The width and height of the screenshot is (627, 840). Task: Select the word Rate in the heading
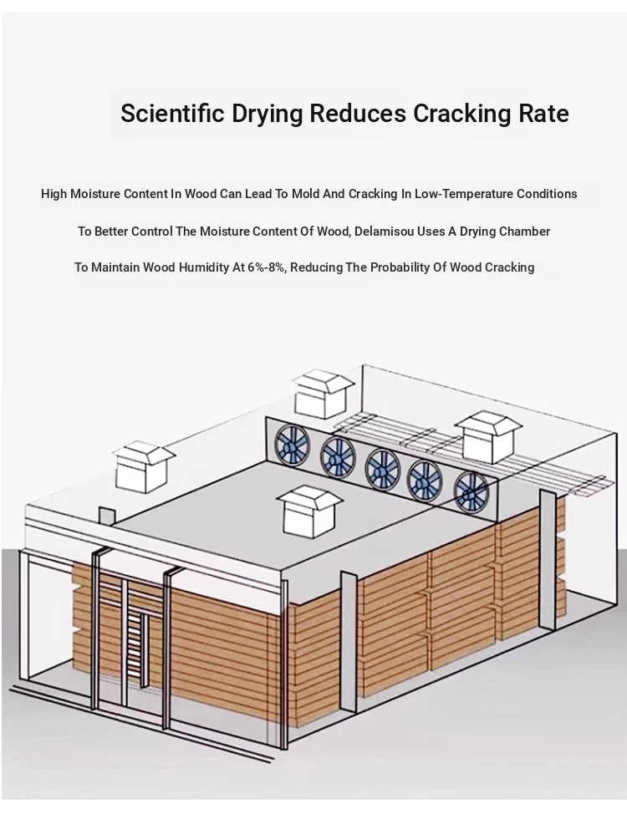(543, 113)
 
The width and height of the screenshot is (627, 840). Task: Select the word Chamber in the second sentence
(528, 232)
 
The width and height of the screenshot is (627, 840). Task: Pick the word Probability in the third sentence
(398, 267)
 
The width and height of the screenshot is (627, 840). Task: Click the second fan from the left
(337, 456)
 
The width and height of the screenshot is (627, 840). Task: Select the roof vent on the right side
(488, 436)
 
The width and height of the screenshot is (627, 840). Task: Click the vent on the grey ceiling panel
(309, 512)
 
